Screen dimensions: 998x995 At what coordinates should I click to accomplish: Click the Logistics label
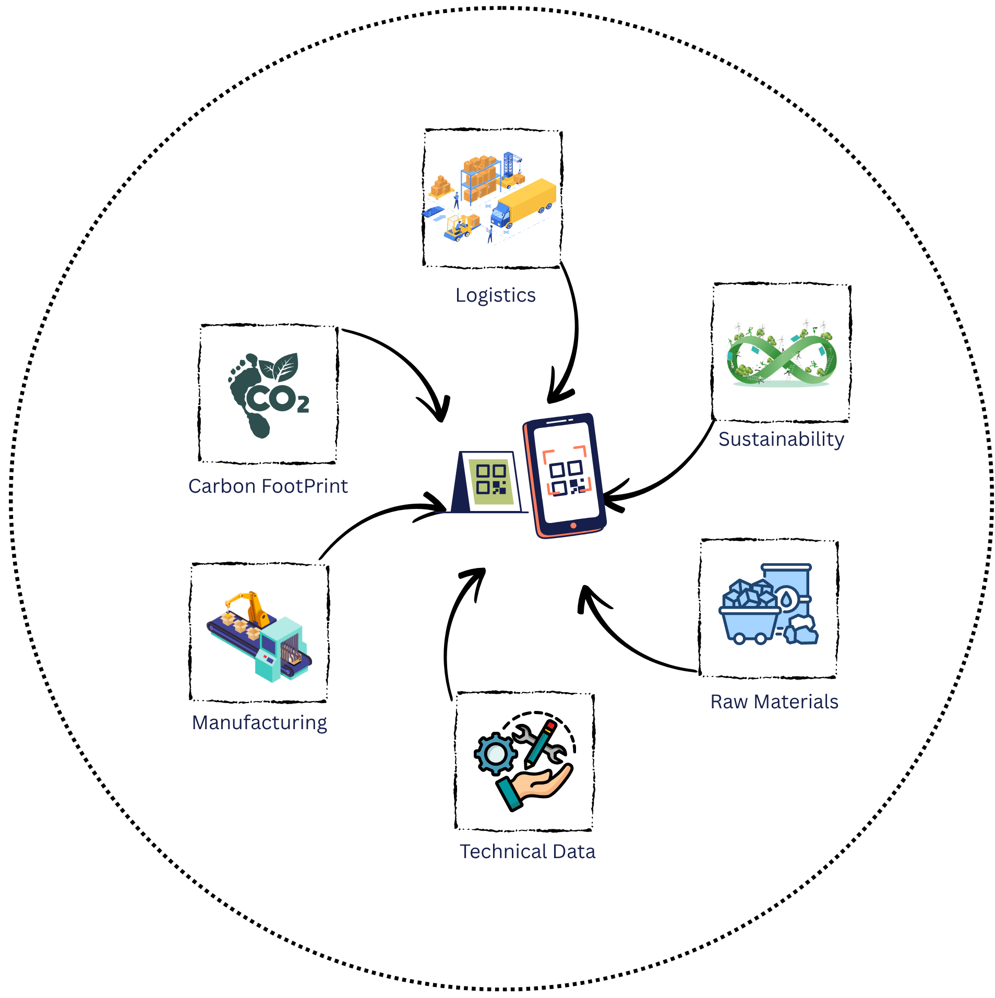(495, 295)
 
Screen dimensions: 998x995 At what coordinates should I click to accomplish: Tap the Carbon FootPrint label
(268, 486)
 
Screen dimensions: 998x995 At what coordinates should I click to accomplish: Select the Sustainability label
(781, 439)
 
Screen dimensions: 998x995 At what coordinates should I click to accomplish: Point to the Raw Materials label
(774, 702)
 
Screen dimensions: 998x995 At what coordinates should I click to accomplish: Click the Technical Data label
(527, 852)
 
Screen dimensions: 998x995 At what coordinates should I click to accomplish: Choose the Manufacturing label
(259, 723)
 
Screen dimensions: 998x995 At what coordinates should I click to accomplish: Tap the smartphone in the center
(565, 475)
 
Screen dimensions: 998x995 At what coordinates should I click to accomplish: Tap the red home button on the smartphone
(573, 526)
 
